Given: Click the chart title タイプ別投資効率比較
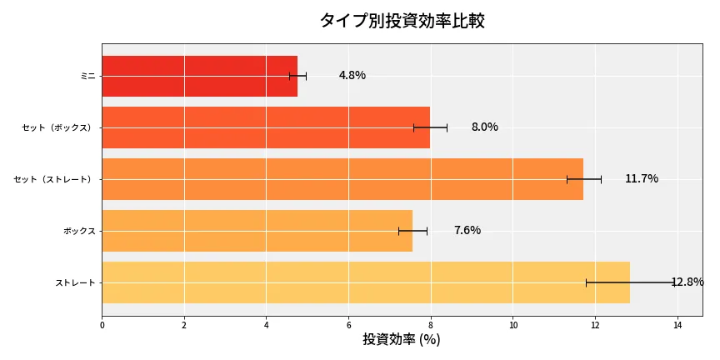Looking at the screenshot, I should pyautogui.click(x=402, y=21).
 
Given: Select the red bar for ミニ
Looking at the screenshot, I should pyautogui.click(x=199, y=76).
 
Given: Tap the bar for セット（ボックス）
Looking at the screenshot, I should pyautogui.click(x=266, y=127).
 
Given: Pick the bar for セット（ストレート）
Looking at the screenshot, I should pyautogui.click(x=342, y=179).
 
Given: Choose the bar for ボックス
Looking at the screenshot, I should pyautogui.click(x=257, y=231).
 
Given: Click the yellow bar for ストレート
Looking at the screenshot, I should pyautogui.click(x=366, y=282).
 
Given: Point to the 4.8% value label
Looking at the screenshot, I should pyautogui.click(x=352, y=76).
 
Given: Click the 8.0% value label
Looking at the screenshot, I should pyautogui.click(x=484, y=127).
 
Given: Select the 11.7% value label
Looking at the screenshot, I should pyautogui.click(x=642, y=179).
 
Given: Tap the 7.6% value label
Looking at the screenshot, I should pyautogui.click(x=467, y=231).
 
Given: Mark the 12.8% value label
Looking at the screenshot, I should pyautogui.click(x=687, y=282).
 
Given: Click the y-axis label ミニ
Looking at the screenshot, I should pyautogui.click(x=87, y=76).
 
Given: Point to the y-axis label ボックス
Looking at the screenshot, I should pyautogui.click(x=79, y=231).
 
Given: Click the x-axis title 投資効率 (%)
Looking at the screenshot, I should pyautogui.click(x=402, y=340).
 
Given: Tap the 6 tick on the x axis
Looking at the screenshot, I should pyautogui.click(x=348, y=326).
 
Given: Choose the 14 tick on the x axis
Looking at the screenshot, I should pyautogui.click(x=677, y=326).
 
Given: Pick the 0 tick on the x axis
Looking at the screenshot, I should pyautogui.click(x=102, y=326).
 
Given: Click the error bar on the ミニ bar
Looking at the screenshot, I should pyautogui.click(x=297, y=76).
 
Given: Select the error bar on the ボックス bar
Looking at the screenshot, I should pyautogui.click(x=412, y=231).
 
